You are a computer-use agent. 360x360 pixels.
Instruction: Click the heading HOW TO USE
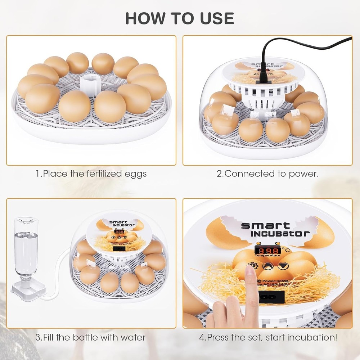(x=180, y=18)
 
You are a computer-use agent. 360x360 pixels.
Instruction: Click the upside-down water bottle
(x=26, y=248)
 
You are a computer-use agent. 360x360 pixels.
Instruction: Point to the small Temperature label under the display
(x=267, y=255)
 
